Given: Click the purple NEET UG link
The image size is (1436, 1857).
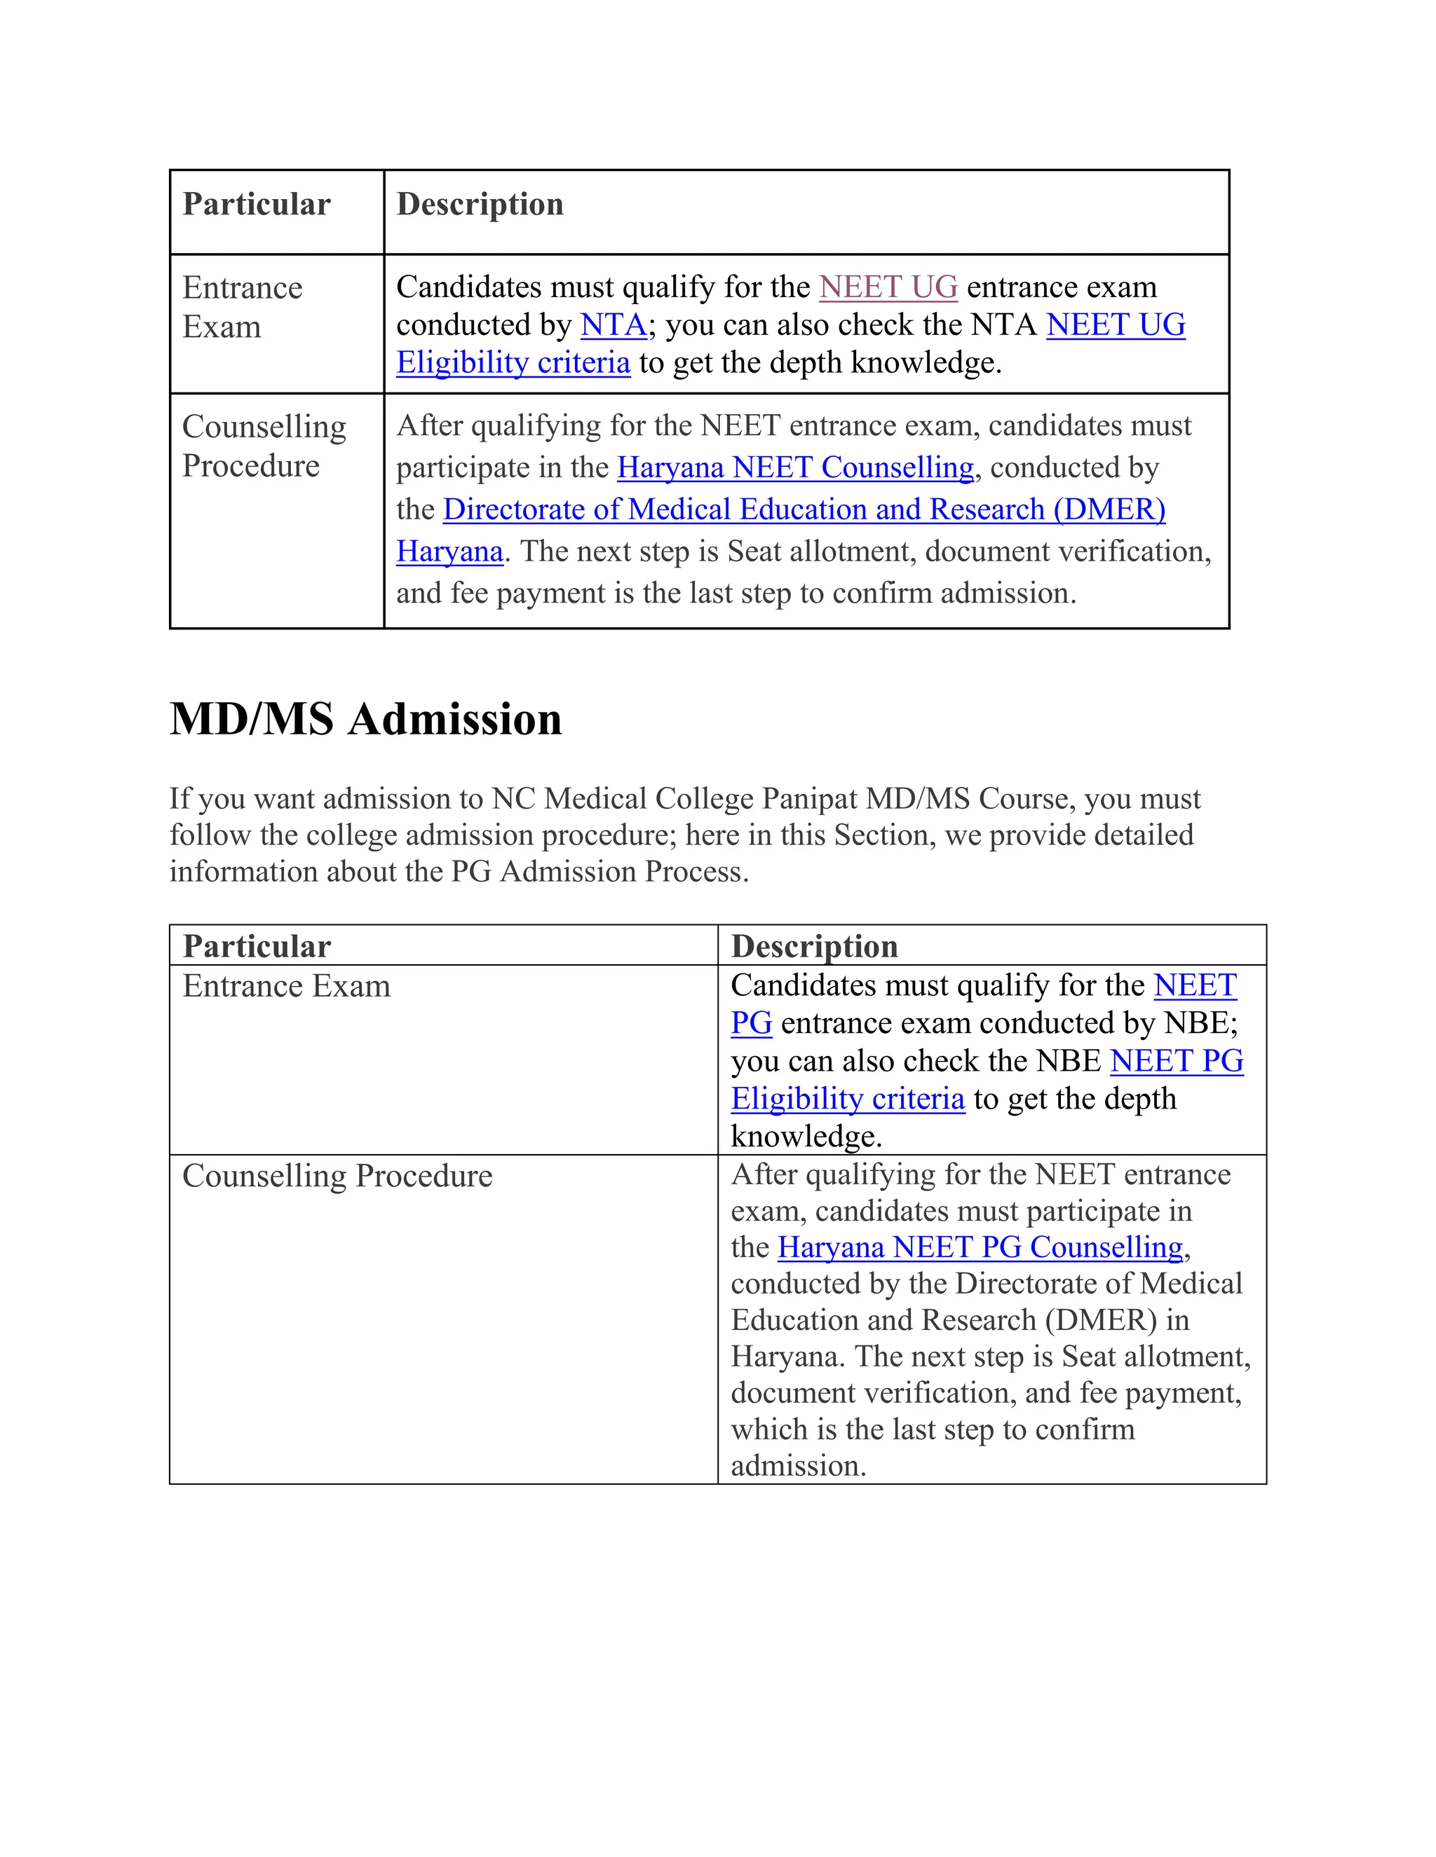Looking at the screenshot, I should (888, 287).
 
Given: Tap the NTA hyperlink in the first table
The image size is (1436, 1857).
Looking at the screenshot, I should (614, 325).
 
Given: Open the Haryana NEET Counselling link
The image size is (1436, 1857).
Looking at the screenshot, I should (794, 467).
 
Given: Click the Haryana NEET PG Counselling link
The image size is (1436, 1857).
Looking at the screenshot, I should (980, 1247).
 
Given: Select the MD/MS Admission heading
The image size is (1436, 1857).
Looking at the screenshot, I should (366, 720).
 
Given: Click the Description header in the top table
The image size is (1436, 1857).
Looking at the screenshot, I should (480, 205).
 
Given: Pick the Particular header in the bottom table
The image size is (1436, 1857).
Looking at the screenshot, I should (256, 946).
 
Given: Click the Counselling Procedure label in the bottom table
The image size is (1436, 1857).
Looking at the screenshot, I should (337, 1176).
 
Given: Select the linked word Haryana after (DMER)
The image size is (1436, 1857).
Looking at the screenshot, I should (449, 551).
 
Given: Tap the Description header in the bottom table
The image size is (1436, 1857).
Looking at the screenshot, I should (814, 946).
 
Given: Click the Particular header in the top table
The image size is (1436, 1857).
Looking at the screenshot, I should (256, 205).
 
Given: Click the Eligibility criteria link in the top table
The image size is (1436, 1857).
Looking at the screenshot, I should (513, 363).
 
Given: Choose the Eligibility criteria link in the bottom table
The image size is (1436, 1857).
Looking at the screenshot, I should (847, 1099).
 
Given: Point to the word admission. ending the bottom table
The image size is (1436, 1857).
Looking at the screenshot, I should (798, 1466).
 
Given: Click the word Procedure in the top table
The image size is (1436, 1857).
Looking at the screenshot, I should (251, 466).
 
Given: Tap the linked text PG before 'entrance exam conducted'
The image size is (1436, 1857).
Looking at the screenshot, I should (751, 1023).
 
